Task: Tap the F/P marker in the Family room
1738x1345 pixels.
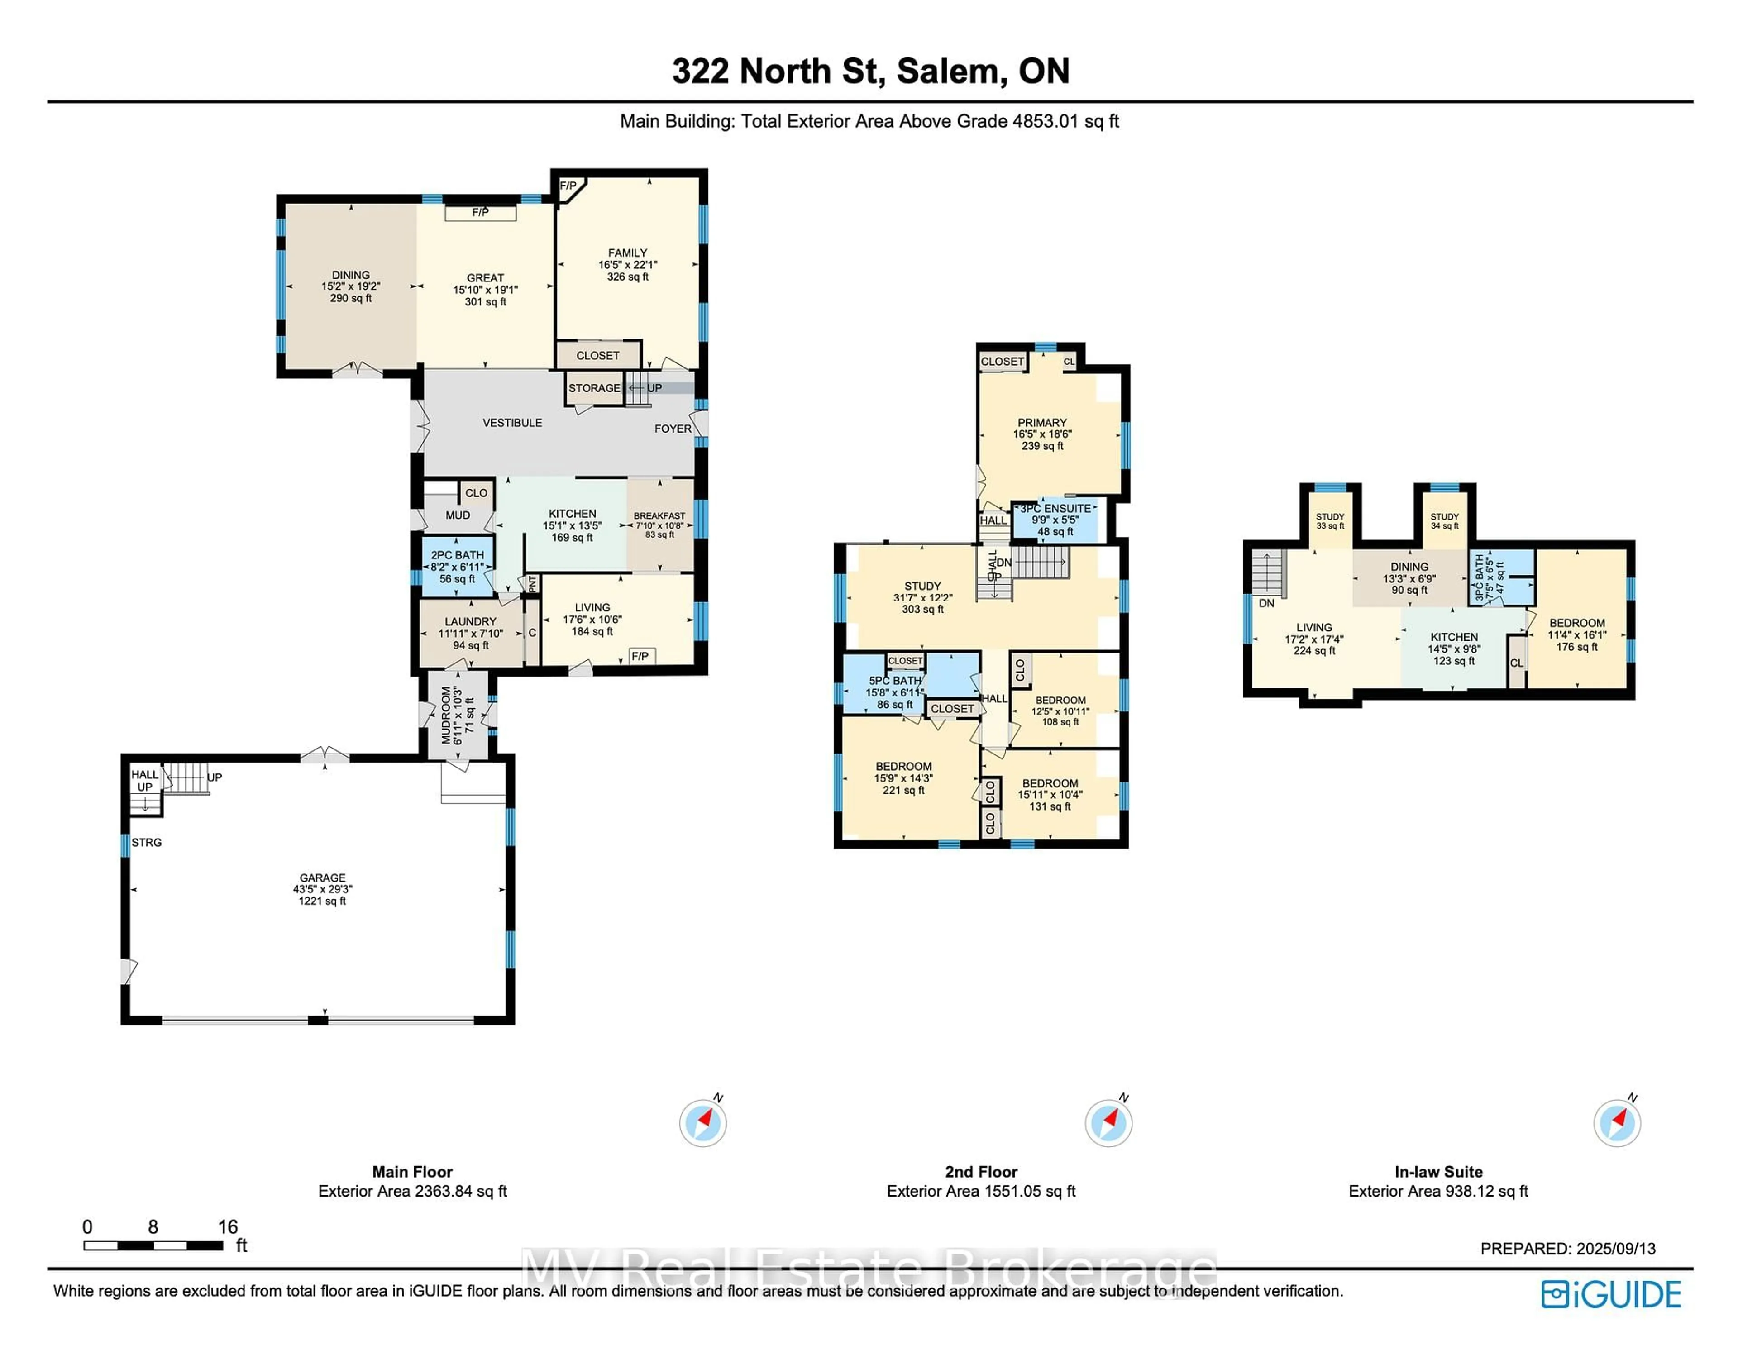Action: click(568, 186)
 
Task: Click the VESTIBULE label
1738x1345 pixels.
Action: click(512, 423)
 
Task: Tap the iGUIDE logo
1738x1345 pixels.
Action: click(1611, 1294)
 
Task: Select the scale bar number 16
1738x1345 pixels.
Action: click(228, 1226)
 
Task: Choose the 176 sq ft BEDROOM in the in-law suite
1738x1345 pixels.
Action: click(1576, 634)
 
